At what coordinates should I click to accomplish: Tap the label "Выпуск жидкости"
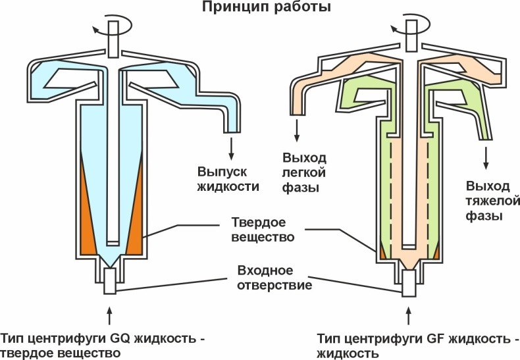point(228,178)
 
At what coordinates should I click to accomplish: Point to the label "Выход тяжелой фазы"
point(488,200)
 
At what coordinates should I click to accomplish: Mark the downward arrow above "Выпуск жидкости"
point(231,147)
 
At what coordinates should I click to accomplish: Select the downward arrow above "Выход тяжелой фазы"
point(487,157)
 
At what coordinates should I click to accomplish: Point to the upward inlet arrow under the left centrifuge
point(109,311)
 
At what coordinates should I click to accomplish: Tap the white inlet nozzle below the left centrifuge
point(110,281)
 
